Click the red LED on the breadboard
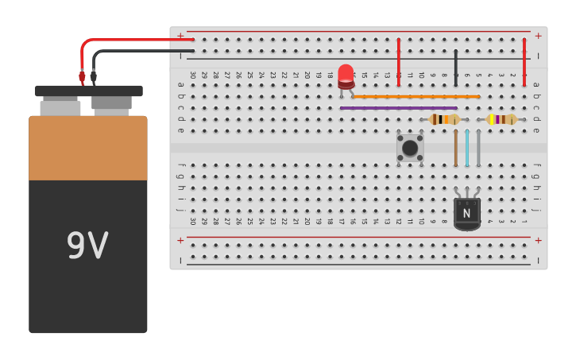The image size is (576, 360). (x=346, y=76)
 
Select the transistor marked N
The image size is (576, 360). (x=466, y=213)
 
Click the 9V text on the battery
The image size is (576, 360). (x=87, y=246)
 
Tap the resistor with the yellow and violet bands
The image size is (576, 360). (x=501, y=119)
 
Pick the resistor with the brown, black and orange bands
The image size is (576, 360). (x=444, y=119)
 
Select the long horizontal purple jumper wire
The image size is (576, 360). (x=398, y=108)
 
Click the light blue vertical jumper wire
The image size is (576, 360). (x=467, y=148)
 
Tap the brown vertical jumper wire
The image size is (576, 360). (x=455, y=148)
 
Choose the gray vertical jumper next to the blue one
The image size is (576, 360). (x=478, y=148)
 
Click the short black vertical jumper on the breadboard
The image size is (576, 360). (x=455, y=67)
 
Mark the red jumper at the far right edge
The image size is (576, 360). (x=524, y=61)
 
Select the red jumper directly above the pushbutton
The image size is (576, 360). (x=398, y=61)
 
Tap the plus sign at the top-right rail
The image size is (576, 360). (x=538, y=36)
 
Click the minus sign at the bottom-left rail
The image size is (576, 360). (x=180, y=260)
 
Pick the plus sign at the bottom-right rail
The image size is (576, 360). (x=538, y=240)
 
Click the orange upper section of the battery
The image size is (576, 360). (x=87, y=148)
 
